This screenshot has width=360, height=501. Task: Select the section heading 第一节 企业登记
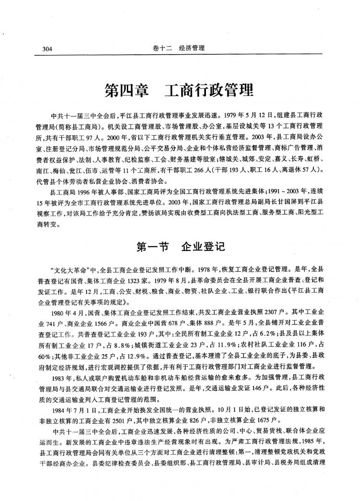pyautogui.click(x=178, y=246)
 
